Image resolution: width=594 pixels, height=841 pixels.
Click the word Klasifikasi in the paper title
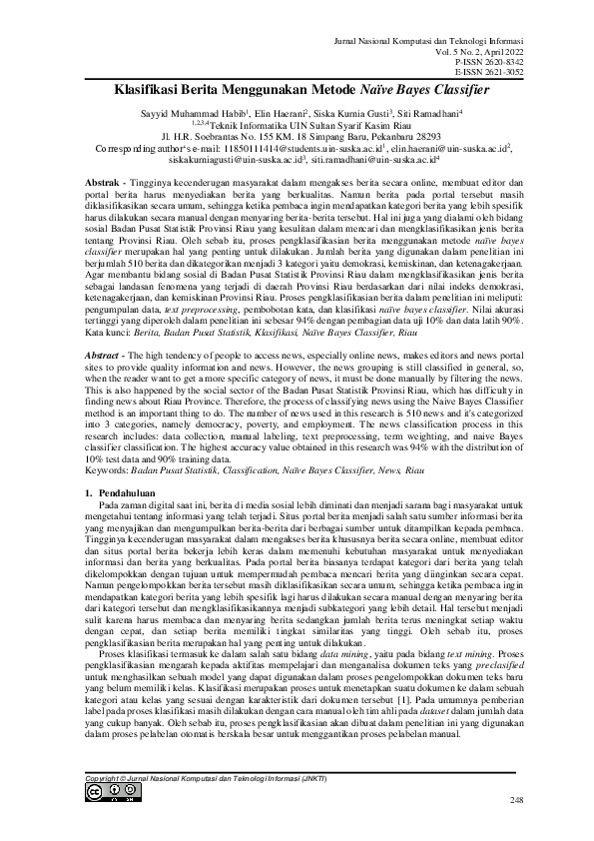click(147, 89)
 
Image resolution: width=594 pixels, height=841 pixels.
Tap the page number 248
click(515, 801)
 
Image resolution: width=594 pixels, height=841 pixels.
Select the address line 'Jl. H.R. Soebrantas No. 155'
click(297, 136)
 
